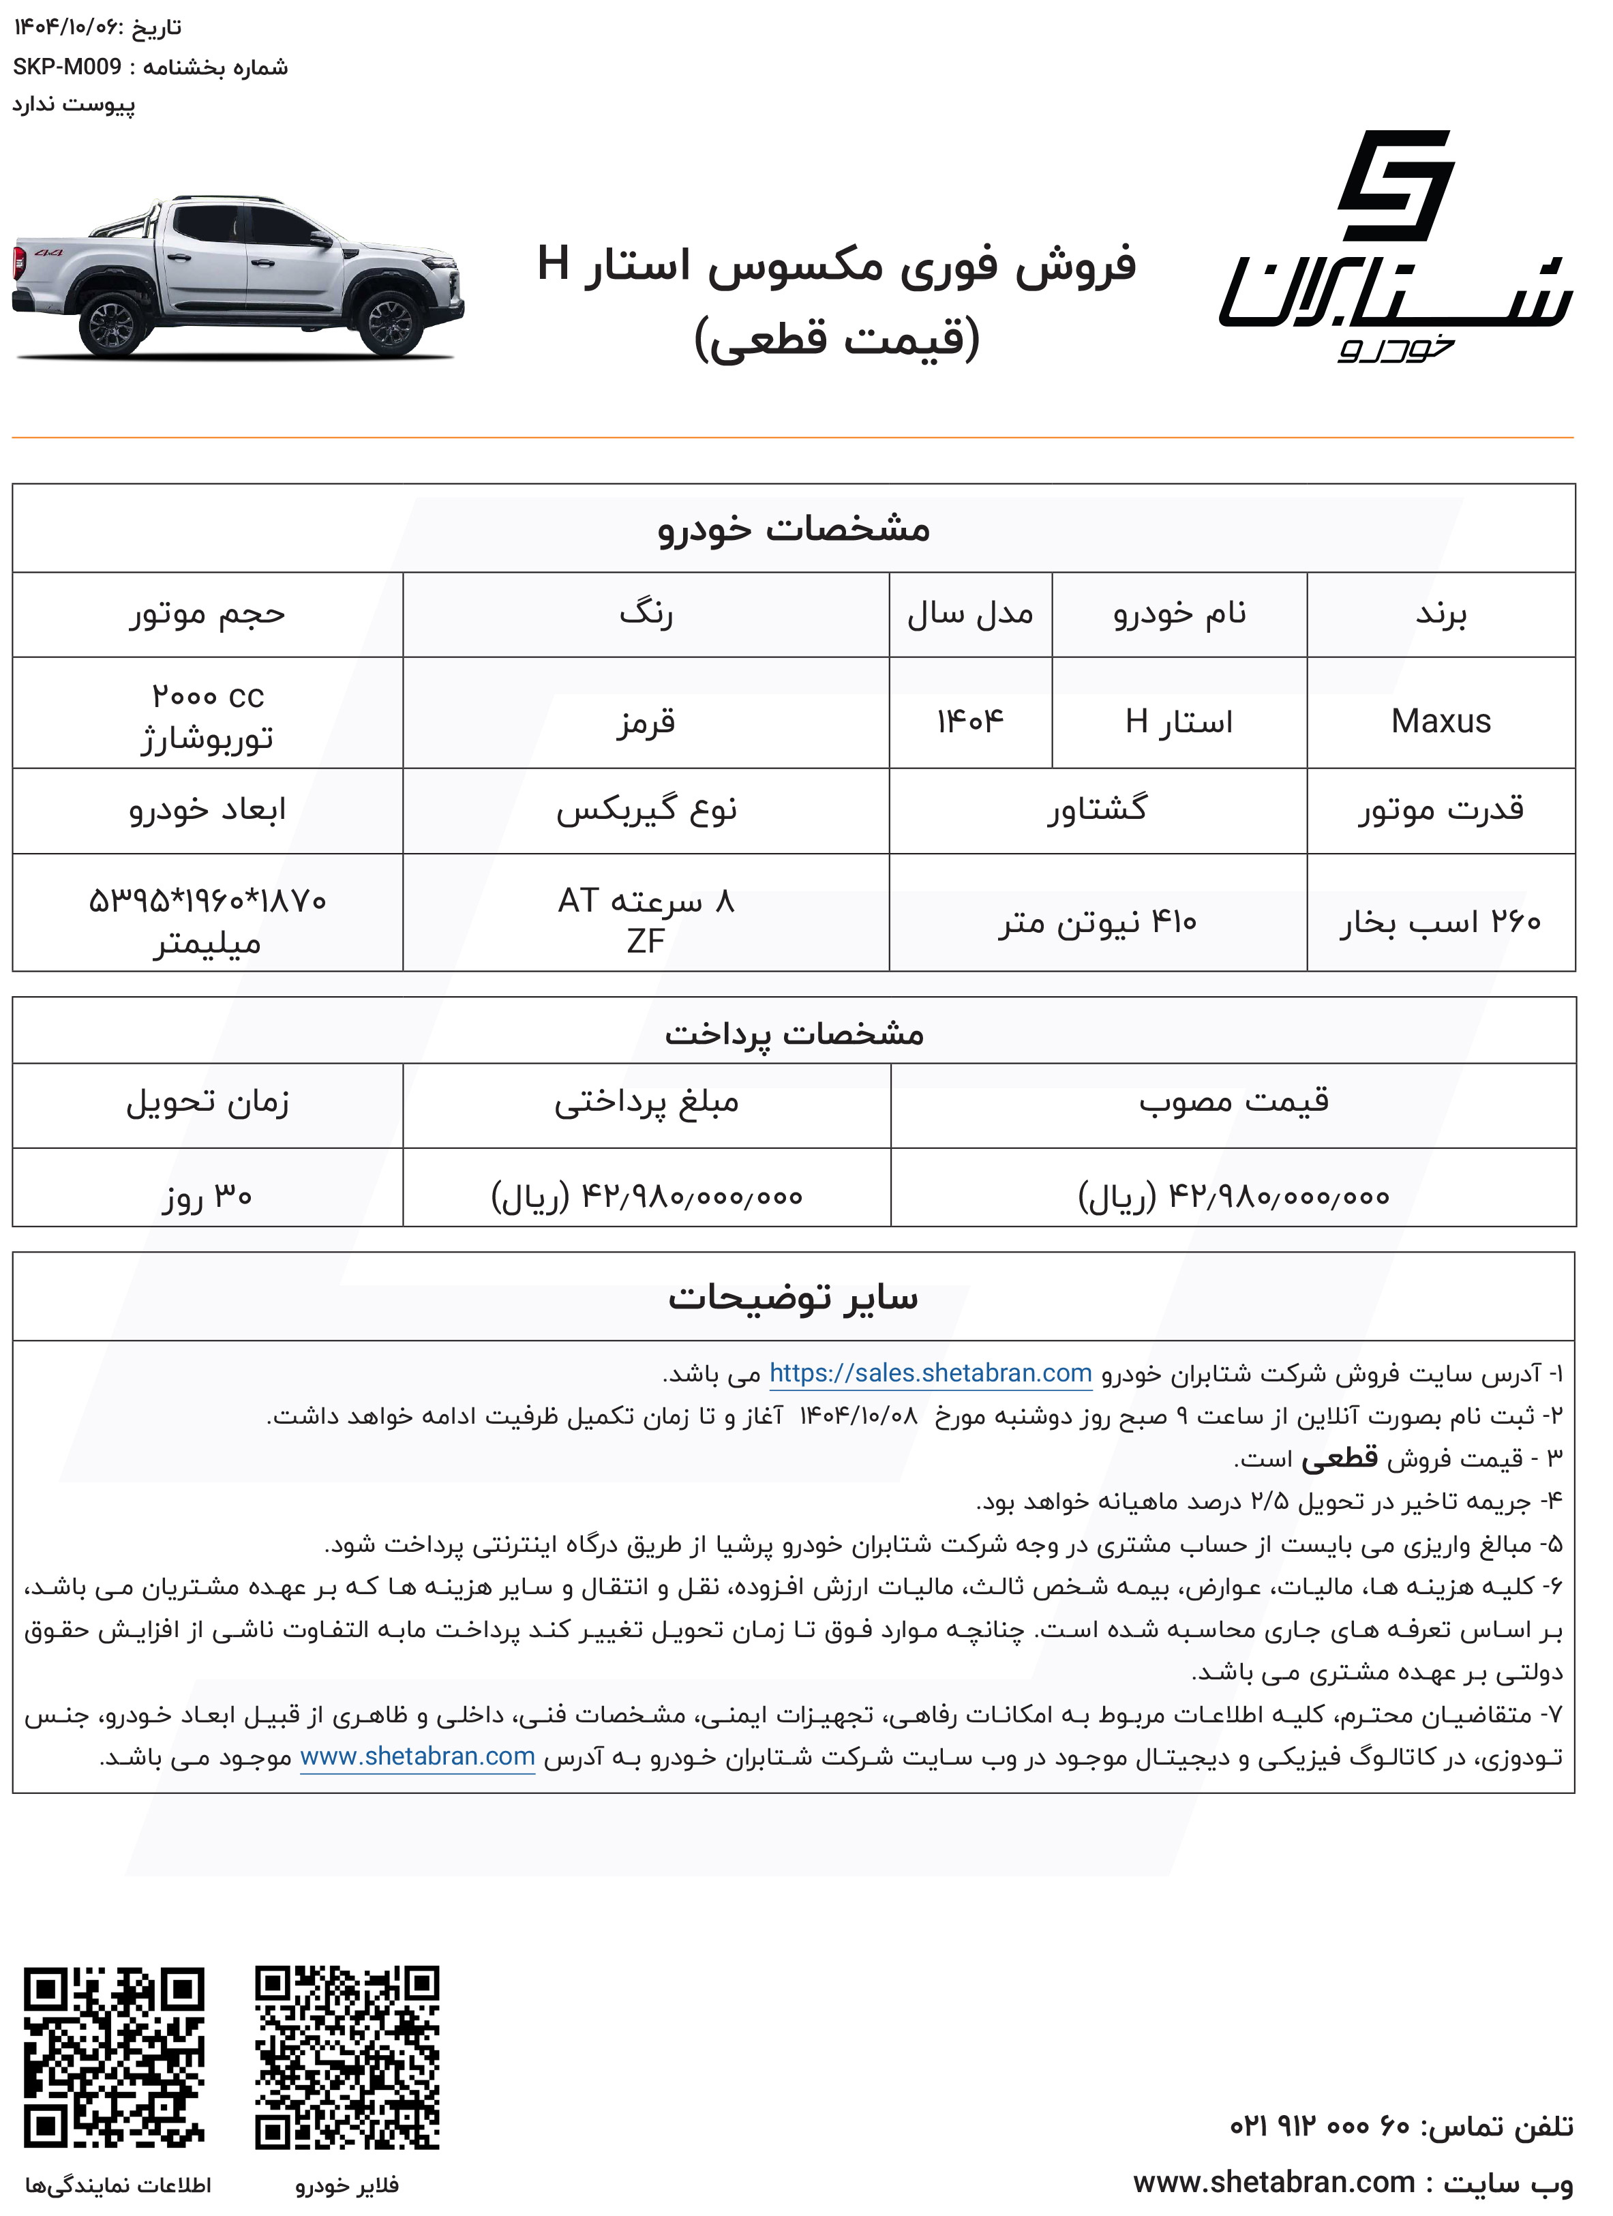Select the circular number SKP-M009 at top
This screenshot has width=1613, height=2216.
(x=67, y=66)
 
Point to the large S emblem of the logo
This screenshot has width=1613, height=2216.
(x=1394, y=185)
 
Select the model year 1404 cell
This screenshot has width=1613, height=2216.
(x=970, y=721)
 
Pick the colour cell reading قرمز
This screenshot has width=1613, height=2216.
(x=646, y=721)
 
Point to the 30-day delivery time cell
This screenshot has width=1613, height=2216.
(x=207, y=1195)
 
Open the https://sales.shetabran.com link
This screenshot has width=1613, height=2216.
(x=930, y=1373)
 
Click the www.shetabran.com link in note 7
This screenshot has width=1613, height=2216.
(x=417, y=1756)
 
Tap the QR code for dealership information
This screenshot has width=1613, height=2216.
(x=115, y=2056)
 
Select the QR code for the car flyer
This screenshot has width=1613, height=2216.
(x=347, y=2056)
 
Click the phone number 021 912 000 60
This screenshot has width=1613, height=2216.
(x=1319, y=2125)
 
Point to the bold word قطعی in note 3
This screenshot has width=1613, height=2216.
(x=1340, y=1458)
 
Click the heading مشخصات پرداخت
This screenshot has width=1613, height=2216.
(x=794, y=1033)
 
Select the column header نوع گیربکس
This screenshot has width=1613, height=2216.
(x=646, y=809)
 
